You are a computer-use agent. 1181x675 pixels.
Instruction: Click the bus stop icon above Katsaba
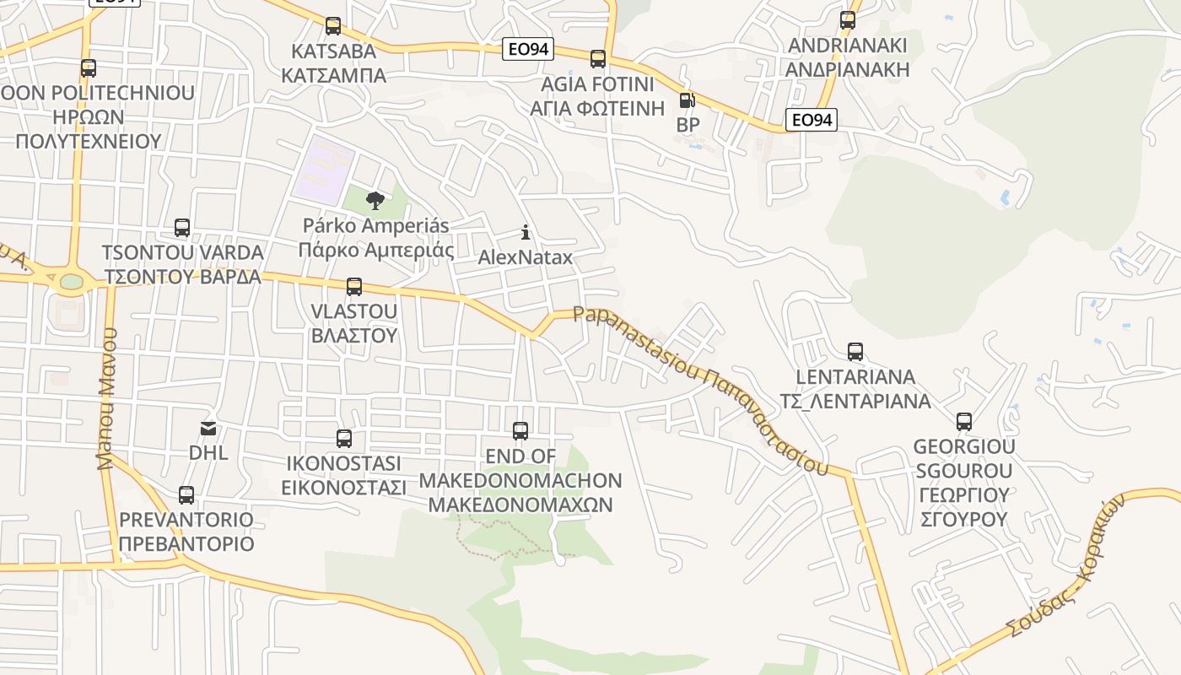(x=333, y=26)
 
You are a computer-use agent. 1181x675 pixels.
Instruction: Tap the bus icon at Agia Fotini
(x=598, y=59)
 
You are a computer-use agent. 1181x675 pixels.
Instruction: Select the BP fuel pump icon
(x=688, y=101)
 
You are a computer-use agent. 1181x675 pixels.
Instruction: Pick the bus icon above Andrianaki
(x=848, y=20)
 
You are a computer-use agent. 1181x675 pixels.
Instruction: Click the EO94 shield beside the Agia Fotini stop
(x=527, y=50)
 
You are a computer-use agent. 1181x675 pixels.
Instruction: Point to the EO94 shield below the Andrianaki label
(x=811, y=121)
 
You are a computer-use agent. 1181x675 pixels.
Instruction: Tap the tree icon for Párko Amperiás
(x=375, y=201)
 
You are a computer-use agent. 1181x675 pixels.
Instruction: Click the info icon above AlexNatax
(x=526, y=232)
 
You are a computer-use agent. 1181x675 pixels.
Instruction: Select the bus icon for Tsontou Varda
(x=182, y=228)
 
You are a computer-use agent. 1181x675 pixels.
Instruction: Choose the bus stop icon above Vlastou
(x=354, y=287)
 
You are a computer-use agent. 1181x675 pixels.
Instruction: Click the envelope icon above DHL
(x=208, y=429)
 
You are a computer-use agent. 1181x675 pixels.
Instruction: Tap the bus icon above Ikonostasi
(x=344, y=439)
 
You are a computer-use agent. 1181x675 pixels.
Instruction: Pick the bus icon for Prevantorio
(x=186, y=495)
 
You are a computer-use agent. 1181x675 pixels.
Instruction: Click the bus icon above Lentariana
(x=855, y=352)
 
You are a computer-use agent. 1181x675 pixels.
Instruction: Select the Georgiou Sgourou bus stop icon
(x=964, y=422)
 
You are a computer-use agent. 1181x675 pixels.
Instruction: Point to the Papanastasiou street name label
(x=700, y=388)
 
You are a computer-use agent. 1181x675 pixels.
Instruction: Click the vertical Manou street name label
(x=106, y=398)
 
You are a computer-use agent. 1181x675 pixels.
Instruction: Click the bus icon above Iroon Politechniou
(x=89, y=68)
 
